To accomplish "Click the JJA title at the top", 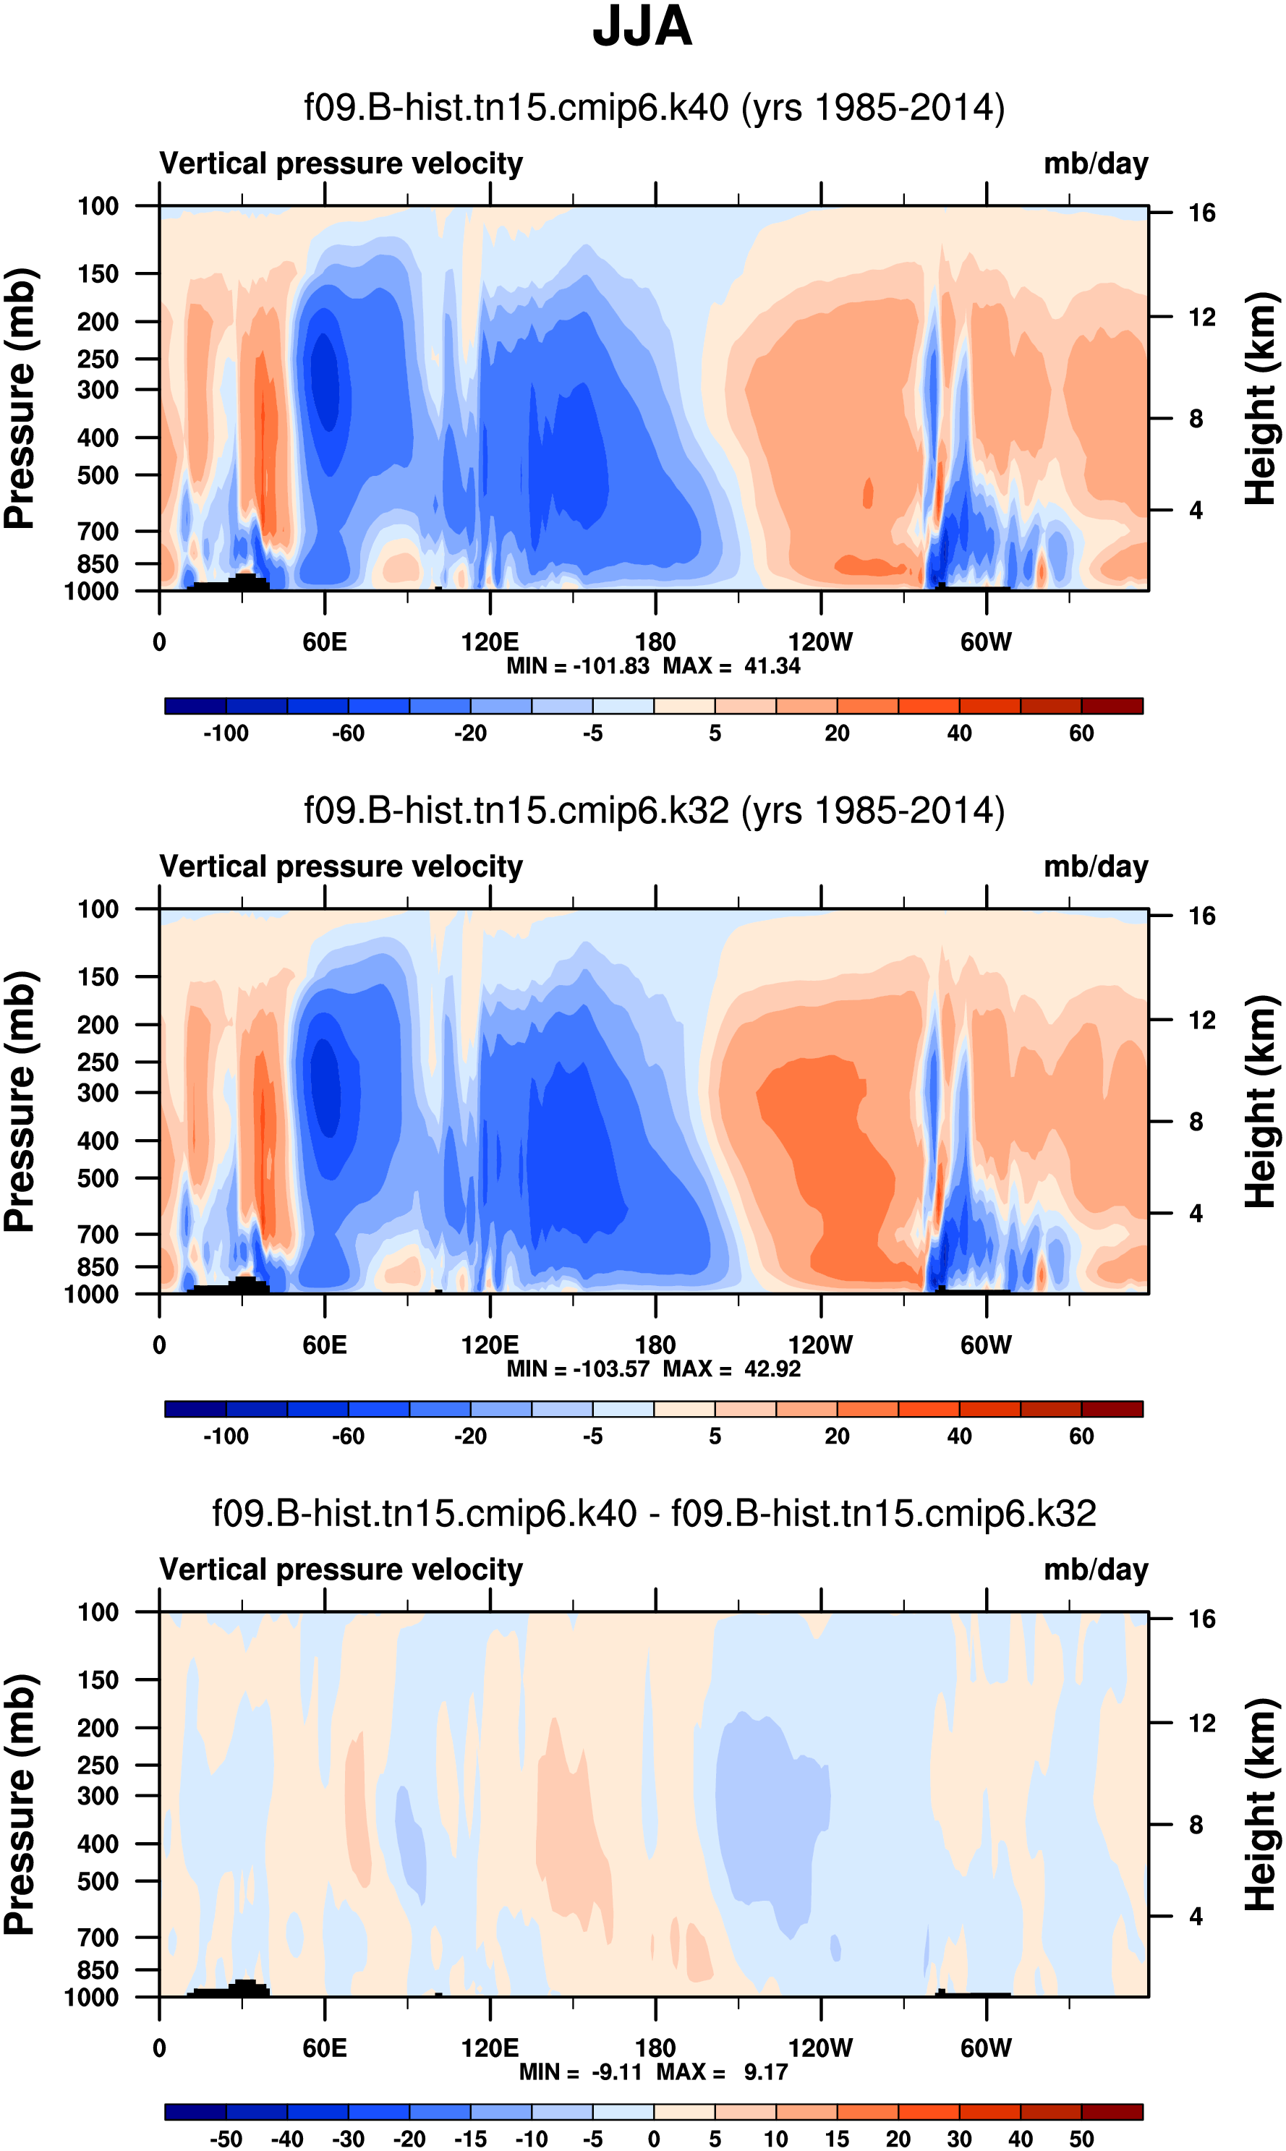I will [x=642, y=27].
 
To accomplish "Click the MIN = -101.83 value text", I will [x=578, y=666].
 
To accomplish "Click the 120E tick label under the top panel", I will [x=490, y=642].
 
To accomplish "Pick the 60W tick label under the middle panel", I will [x=986, y=1345].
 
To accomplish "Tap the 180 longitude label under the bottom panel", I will [x=655, y=2048].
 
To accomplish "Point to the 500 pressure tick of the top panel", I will [x=98, y=476].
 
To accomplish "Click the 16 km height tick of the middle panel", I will [x=1202, y=916].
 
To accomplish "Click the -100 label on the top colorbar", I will [x=226, y=733].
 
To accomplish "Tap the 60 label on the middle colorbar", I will [x=1081, y=1436].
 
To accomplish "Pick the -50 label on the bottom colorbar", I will [x=226, y=2139].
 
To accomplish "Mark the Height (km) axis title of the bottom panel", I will [x=1261, y=1804].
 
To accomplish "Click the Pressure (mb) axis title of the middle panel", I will [x=20, y=1101].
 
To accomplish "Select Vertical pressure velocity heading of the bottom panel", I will [x=341, y=1569].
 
